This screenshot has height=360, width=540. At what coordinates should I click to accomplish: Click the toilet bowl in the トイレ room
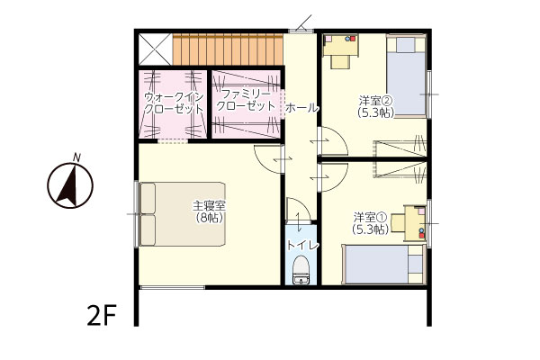coord(301,270)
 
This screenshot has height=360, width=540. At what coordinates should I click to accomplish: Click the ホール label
coord(302,108)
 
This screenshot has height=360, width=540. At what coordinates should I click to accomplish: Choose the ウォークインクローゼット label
coord(174,103)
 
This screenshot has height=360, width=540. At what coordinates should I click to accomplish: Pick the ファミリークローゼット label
coord(246,100)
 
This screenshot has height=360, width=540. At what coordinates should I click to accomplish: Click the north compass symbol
coord(70,185)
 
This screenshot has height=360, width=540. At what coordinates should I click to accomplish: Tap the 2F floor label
coord(101,317)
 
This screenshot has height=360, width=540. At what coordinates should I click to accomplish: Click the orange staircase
coord(228,49)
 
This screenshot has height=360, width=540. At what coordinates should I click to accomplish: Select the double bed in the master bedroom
coord(183,214)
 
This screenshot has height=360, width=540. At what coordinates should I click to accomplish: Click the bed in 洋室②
coord(407,76)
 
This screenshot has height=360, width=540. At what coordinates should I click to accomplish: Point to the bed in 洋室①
coord(383,265)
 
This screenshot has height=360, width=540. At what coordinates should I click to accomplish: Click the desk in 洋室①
coord(409,223)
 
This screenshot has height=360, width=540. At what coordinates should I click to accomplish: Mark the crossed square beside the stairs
coord(155,49)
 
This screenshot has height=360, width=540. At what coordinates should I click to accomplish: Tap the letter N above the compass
coord(77,157)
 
